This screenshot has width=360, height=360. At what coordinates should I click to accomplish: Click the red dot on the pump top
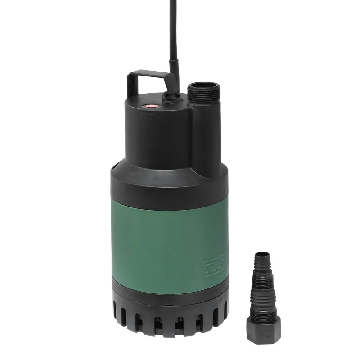point(151,107)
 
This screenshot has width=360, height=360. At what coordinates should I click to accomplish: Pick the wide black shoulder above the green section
point(166,184)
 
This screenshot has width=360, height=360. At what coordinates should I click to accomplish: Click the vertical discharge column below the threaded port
point(206,135)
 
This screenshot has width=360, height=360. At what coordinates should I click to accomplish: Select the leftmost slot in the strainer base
point(117,315)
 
